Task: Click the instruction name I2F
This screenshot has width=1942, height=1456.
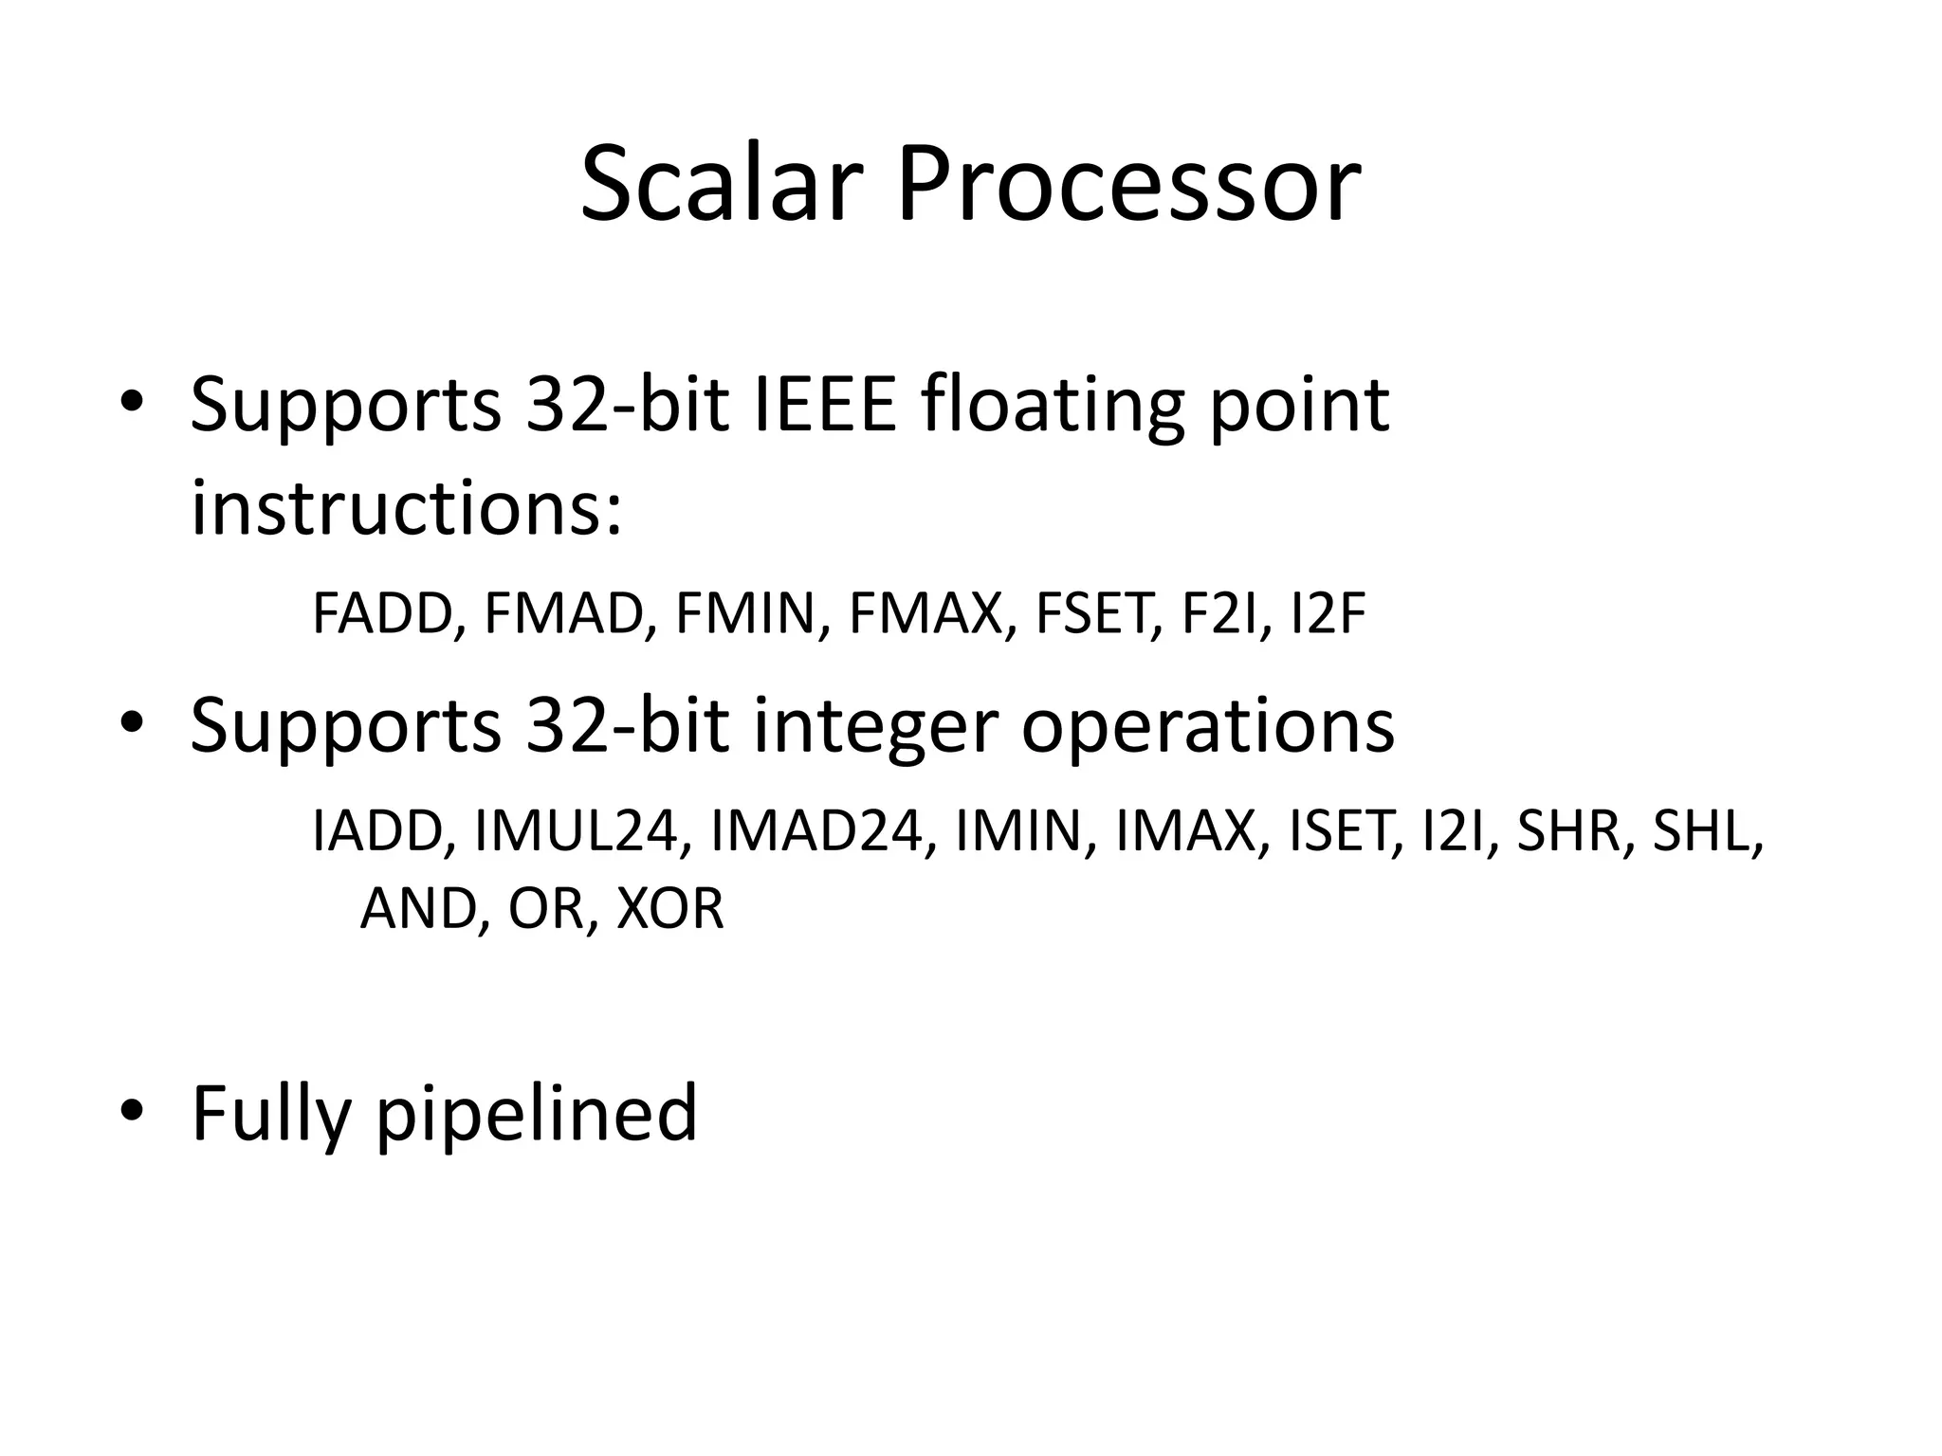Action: (x=1328, y=613)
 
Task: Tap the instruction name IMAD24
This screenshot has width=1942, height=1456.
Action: (x=815, y=831)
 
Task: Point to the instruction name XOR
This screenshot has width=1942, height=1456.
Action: (x=670, y=908)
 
